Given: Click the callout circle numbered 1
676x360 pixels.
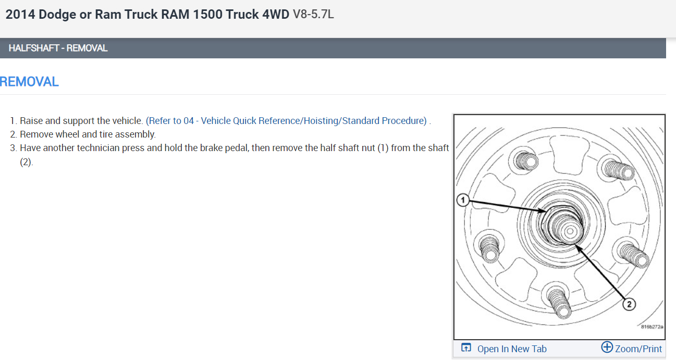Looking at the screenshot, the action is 463,200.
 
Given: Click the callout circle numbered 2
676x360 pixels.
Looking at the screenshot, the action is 629,304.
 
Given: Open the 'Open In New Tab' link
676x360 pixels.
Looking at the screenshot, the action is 512,349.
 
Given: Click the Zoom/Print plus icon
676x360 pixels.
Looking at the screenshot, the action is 607,347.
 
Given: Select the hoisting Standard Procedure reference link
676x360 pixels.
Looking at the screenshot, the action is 286,121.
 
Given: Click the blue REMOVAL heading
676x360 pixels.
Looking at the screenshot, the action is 29,82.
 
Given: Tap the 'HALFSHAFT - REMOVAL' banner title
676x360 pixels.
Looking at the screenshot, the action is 58,48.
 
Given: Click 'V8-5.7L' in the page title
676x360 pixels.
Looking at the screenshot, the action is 313,14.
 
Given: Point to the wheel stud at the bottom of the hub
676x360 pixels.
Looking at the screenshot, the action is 559,303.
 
